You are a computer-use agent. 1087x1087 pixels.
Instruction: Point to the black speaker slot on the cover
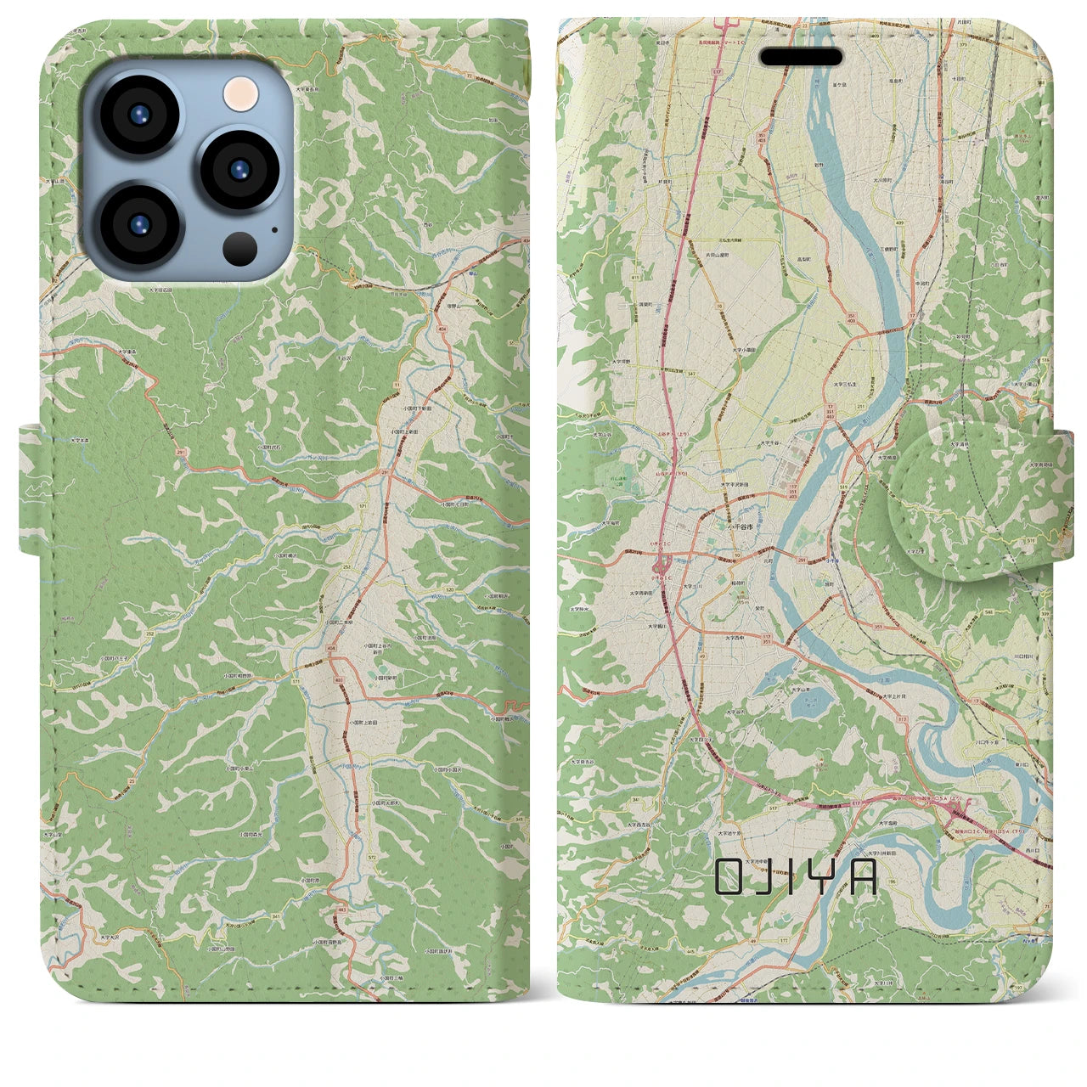801,57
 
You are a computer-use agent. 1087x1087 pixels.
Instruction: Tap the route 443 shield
341,909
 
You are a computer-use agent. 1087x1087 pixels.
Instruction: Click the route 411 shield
634,277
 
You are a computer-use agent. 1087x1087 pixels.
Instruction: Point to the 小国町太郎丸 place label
386,802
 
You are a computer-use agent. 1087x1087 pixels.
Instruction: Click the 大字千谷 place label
769,443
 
